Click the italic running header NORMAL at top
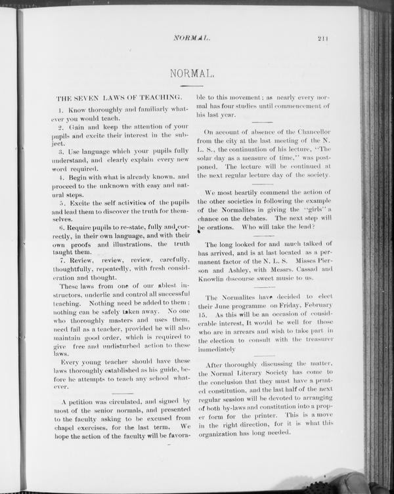click(191, 39)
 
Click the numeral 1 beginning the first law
click(60, 109)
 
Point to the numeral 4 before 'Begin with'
click(60, 176)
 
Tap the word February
click(315, 306)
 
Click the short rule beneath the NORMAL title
click(190, 86)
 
